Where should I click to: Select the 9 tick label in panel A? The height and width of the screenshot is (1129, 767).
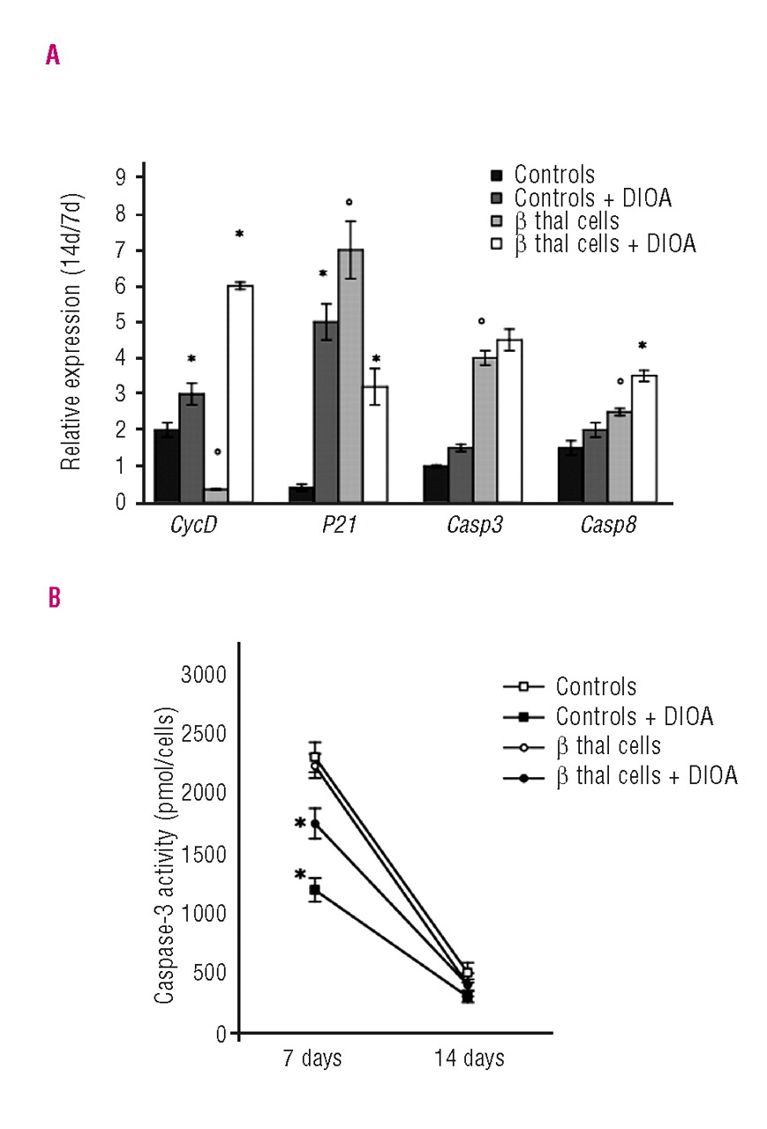(132, 177)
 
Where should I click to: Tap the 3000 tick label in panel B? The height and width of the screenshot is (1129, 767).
(203, 676)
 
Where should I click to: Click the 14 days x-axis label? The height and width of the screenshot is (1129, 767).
(469, 1058)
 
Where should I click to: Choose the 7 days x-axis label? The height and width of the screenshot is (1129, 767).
(312, 1058)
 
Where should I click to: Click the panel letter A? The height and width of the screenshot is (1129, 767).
(52, 56)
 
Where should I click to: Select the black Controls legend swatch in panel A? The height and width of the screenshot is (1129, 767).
(496, 175)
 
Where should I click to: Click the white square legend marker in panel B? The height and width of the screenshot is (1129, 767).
(521, 686)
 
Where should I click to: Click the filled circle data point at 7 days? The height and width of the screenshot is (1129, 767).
(314, 824)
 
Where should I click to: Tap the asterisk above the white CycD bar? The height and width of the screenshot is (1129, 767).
(239, 234)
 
